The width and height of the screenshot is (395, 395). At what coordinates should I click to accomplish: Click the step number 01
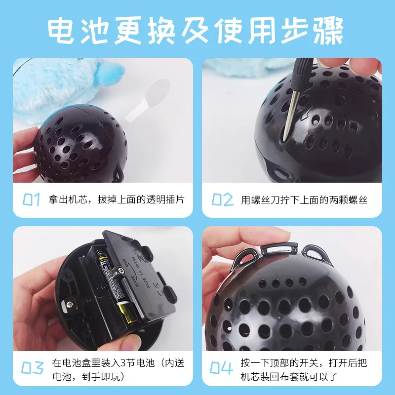[31, 199]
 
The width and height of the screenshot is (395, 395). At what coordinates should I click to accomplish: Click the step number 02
[222, 199]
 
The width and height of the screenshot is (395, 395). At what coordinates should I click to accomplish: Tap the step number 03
[32, 368]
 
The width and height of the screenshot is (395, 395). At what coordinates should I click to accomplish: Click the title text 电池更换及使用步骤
[197, 31]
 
